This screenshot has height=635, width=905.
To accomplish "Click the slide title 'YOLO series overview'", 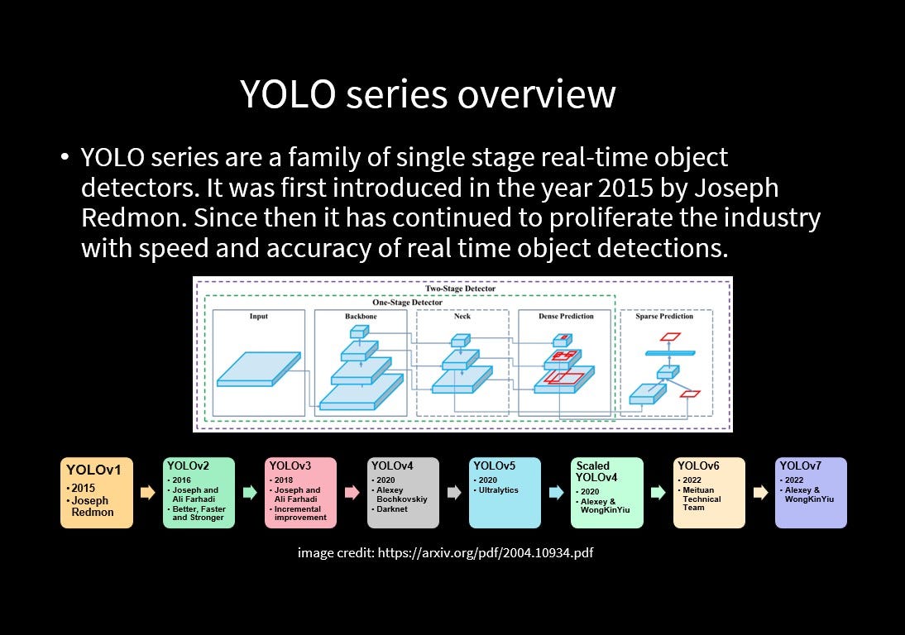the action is click(x=428, y=94).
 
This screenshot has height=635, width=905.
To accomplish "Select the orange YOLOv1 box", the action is click(x=97, y=493).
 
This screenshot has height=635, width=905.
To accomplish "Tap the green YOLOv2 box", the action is click(x=199, y=493).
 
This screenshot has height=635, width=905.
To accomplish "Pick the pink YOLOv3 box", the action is click(x=300, y=493).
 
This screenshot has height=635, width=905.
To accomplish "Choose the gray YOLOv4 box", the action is click(x=403, y=493).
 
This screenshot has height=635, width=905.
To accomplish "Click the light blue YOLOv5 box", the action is click(x=505, y=493).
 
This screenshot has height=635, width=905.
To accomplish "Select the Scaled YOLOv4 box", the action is click(x=606, y=493).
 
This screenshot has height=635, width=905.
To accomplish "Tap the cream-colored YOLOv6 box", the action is click(x=709, y=493).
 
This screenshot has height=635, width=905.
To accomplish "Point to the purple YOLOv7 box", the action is click(x=811, y=493).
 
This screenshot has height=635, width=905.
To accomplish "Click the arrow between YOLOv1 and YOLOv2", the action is click(x=147, y=493).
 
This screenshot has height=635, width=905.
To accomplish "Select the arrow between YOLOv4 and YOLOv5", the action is click(x=454, y=493).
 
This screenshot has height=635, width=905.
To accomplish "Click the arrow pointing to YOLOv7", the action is click(x=760, y=493).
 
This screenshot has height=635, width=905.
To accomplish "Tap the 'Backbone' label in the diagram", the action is click(x=361, y=317).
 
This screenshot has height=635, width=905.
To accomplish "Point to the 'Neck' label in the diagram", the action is click(x=462, y=317).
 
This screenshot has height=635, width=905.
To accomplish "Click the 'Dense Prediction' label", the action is click(x=567, y=317).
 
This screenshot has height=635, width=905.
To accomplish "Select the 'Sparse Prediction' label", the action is click(x=663, y=317).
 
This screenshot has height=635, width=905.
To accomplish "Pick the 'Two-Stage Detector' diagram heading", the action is click(x=460, y=289).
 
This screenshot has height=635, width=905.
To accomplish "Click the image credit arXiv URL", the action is click(x=485, y=552).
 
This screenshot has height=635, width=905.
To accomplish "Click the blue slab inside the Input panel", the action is click(x=258, y=370).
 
